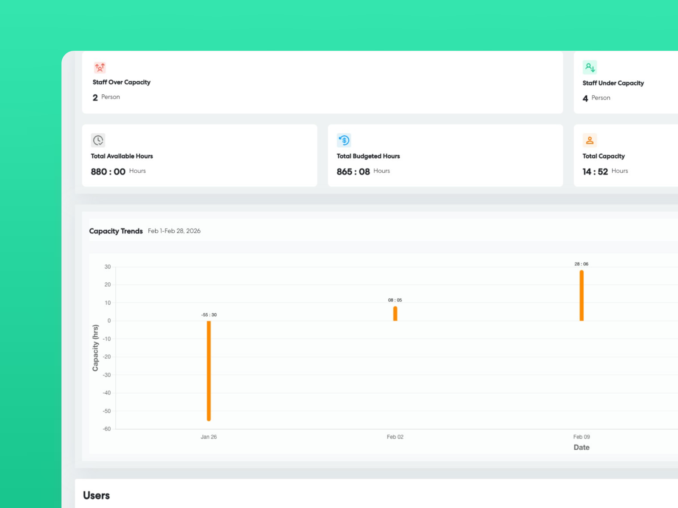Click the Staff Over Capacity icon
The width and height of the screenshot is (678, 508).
[100, 67]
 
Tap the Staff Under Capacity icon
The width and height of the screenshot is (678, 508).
[589, 67]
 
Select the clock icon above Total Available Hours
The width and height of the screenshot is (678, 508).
[98, 140]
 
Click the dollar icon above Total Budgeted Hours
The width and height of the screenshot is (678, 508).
[344, 140]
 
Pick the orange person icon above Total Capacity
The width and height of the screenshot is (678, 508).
[589, 140]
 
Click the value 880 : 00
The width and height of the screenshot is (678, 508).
[108, 171]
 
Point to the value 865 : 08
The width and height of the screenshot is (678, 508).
[353, 171]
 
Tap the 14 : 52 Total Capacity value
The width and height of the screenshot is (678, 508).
[595, 171]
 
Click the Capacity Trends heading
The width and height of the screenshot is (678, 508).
[116, 231]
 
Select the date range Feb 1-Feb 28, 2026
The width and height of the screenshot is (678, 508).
[174, 231]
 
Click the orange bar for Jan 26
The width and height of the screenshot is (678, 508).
[208, 370]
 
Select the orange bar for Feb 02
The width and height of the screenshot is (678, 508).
[395, 314]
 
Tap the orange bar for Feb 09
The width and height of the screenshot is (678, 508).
[581, 295]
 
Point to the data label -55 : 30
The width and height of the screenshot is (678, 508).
[208, 315]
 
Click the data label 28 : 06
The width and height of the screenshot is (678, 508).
[581, 264]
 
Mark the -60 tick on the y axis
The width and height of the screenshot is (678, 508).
[107, 429]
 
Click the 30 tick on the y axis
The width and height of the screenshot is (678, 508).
[108, 267]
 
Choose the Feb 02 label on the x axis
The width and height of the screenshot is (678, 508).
[395, 437]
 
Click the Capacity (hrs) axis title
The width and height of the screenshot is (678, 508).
[95, 348]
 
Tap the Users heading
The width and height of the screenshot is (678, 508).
[96, 495]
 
